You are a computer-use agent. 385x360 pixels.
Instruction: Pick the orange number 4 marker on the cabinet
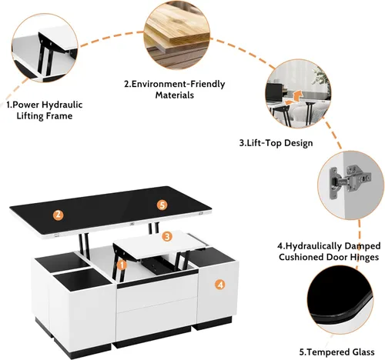pyautogui.click(x=219, y=285)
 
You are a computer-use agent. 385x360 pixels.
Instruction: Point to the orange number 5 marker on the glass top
pyautogui.click(x=161, y=205)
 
